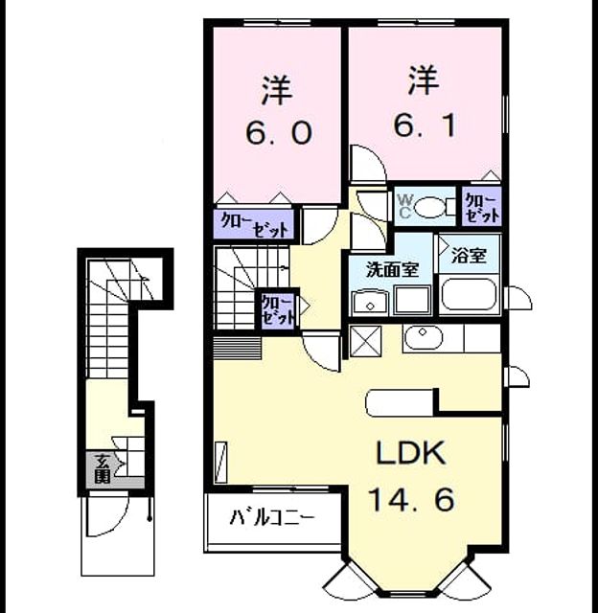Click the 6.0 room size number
tap(279, 132)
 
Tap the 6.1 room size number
tap(425, 125)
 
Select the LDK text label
tap(411, 452)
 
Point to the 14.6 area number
tap(411, 499)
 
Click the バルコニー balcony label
tap(272, 517)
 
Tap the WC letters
tap(404, 206)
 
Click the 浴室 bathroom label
tap(469, 256)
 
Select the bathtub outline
tap(469, 294)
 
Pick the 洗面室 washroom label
tap(392, 270)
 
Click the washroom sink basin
tap(370, 303)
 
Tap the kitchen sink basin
tap(424, 337)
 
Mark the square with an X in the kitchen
tap(366, 341)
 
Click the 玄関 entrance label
tap(103, 468)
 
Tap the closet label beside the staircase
tap(277, 309)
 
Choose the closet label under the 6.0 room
tap(254, 225)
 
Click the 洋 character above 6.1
tap(424, 80)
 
